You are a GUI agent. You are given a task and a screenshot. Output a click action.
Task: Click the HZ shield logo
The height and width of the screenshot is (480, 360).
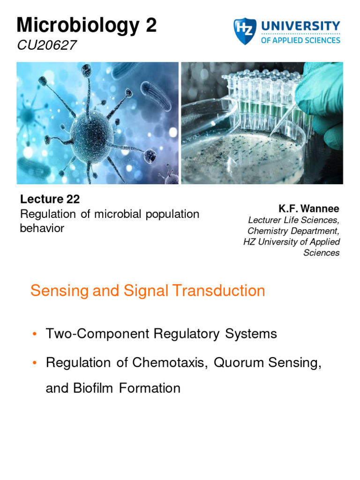tap(244, 32)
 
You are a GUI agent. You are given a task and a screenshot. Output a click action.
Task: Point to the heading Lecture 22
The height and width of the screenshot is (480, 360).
tap(50, 199)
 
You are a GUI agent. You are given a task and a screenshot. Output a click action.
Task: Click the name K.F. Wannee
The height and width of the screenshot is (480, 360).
tap(309, 209)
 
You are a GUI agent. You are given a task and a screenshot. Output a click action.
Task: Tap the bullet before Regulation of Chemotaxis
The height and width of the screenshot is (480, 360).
tap(35, 364)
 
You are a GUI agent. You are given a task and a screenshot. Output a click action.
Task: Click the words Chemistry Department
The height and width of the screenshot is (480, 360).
tap(293, 231)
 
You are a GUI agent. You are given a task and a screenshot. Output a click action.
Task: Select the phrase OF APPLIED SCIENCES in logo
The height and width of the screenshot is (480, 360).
tap(300, 40)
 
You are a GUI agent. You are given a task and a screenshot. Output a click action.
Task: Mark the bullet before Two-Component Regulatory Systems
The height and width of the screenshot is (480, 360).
tap(35, 335)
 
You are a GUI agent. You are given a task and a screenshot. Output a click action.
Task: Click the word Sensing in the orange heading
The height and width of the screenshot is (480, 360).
tap(58, 291)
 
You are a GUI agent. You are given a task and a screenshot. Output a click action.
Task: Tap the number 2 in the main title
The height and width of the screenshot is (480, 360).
tap(151, 25)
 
